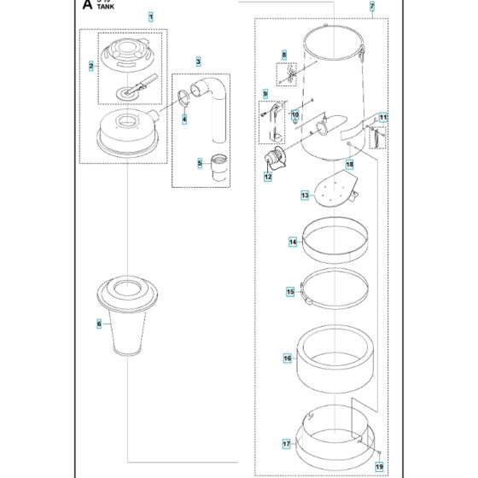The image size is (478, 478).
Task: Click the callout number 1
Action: (x=151, y=17)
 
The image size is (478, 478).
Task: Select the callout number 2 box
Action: (x=91, y=65)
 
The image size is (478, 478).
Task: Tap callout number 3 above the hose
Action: (x=198, y=61)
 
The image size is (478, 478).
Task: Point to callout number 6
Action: (x=99, y=324)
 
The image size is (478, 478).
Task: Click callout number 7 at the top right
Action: (x=371, y=7)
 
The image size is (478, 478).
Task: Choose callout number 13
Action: (x=281, y=195)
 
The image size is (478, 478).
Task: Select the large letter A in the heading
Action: (x=87, y=6)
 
